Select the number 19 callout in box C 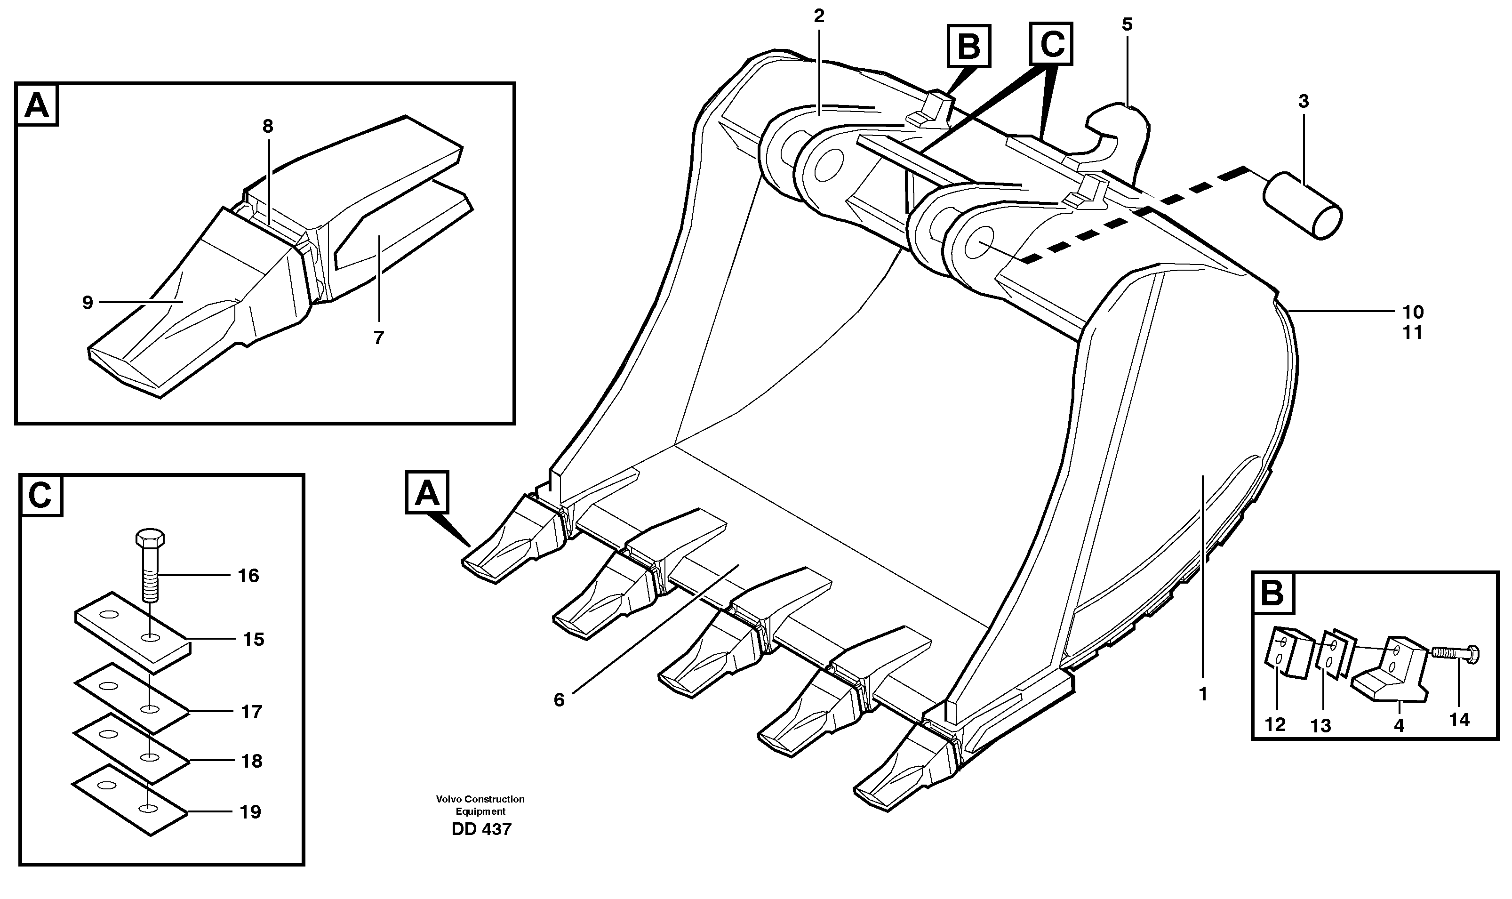250,812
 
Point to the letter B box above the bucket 969,46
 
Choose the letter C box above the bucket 1052,44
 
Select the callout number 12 1275,724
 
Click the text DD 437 481,829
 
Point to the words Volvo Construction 480,799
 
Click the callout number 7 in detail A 378,338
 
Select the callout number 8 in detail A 268,126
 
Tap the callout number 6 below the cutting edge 558,700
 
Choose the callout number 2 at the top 819,16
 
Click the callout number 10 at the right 1413,312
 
